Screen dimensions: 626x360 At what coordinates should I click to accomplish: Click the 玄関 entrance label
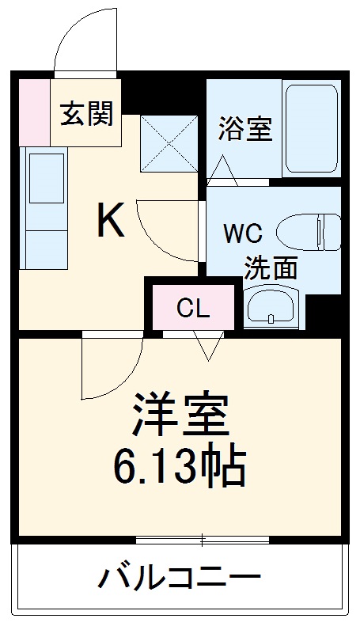87,114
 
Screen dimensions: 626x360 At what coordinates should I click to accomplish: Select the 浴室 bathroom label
245,128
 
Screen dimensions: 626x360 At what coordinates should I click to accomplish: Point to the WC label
243,234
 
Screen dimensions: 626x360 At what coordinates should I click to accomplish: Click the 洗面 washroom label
270,267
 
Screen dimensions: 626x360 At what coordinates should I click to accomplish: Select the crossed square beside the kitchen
168,142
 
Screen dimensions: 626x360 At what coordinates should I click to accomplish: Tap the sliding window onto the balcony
202,541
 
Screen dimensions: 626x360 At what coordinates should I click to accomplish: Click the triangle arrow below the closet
208,347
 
